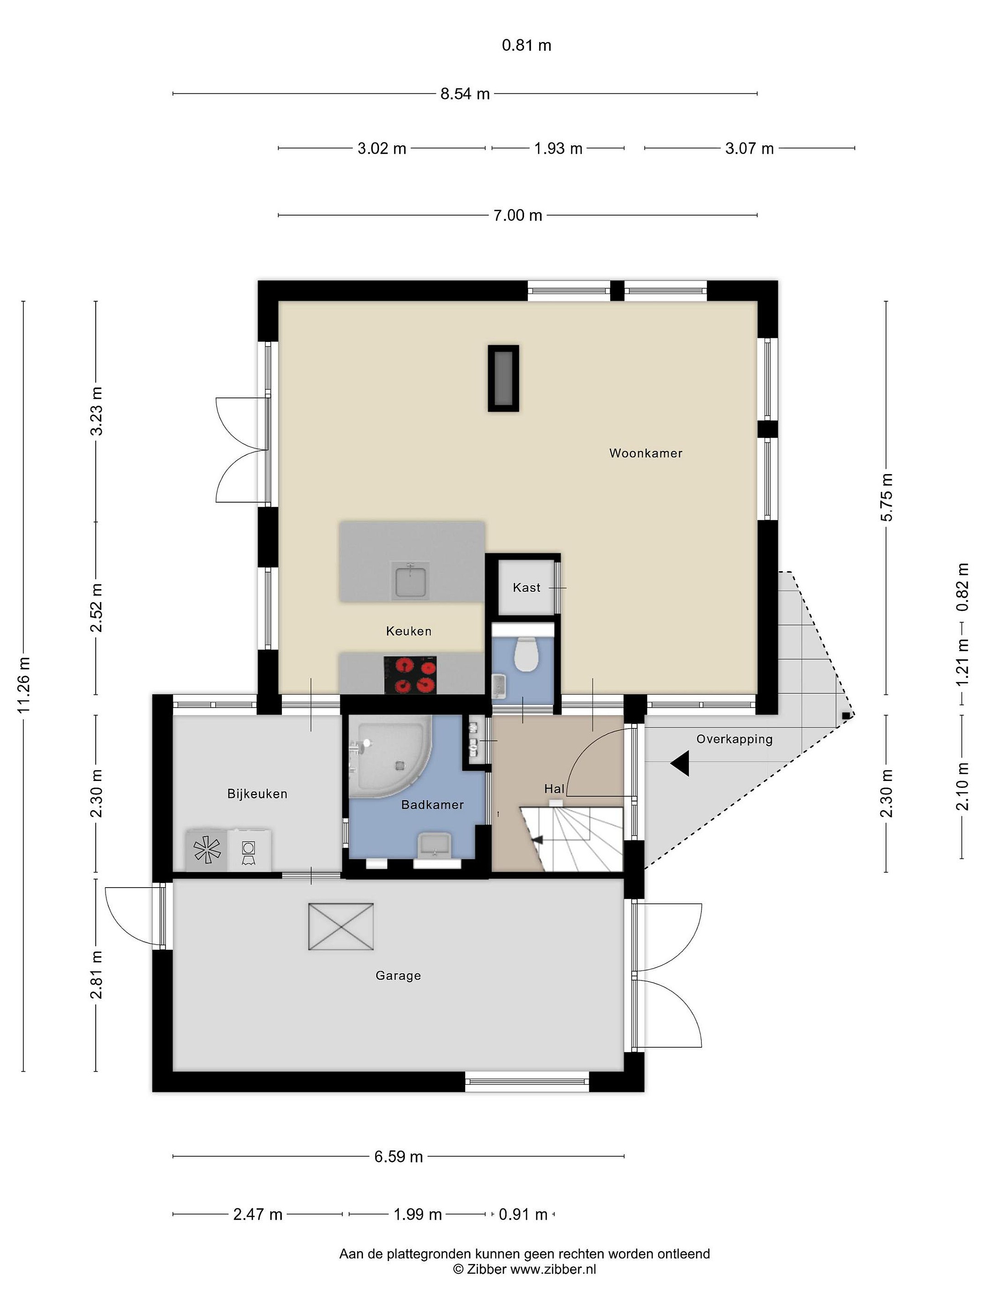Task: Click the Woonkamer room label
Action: (x=645, y=454)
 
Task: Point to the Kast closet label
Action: (x=527, y=588)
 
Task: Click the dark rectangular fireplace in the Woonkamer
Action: (x=503, y=378)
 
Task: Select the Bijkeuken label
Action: (x=257, y=794)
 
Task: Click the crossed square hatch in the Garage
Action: (x=341, y=926)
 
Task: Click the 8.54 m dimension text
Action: (x=465, y=94)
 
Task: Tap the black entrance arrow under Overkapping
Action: (x=680, y=763)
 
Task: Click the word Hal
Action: (x=554, y=789)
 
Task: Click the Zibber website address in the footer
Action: (x=553, y=1270)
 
